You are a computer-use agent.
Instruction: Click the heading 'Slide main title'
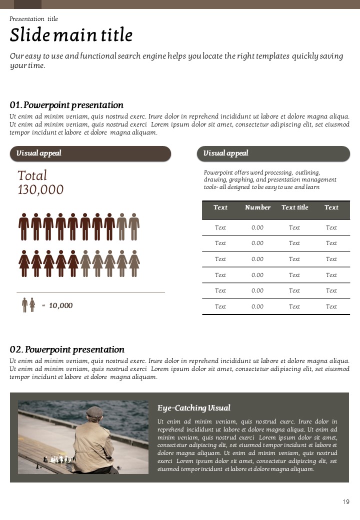71,35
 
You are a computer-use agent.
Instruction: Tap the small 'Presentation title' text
33,19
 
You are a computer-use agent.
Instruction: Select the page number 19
346,502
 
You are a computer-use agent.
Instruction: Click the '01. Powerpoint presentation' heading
66,105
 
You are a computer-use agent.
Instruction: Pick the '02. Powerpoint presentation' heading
67,349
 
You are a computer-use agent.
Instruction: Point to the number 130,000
40,189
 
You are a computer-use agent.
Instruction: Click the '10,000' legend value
60,305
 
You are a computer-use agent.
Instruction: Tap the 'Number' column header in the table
257,207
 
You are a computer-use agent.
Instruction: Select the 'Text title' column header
294,207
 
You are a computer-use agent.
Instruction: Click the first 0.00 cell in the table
257,227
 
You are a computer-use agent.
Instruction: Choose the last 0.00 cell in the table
257,306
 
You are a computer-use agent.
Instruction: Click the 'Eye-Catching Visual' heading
194,408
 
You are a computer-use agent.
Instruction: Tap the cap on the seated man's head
94,411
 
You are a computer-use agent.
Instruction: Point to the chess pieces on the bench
57,458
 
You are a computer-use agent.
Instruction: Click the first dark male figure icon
23,226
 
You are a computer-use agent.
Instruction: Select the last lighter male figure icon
134,226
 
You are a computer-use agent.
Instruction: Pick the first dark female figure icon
24,263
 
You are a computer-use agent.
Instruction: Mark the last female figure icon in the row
134,263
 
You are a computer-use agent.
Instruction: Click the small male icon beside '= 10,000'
24,305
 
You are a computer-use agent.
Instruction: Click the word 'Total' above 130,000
32,175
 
